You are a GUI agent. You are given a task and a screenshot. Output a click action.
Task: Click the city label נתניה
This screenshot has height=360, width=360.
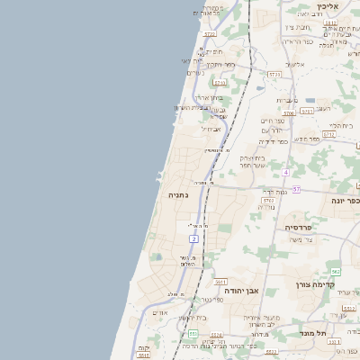tap(178, 193)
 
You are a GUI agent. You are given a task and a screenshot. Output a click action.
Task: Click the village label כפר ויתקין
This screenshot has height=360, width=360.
tap(220, 65)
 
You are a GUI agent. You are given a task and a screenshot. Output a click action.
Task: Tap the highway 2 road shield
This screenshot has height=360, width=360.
tap(193, 238)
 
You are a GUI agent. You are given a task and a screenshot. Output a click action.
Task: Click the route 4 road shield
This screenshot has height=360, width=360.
tap(285, 171)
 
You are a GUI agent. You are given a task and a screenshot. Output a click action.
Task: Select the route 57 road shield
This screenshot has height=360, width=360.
tap(296, 189)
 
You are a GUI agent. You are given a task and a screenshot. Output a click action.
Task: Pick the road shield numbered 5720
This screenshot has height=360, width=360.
tap(210, 34)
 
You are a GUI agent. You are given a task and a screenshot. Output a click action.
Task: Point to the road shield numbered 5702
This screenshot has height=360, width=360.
tap(268, 200)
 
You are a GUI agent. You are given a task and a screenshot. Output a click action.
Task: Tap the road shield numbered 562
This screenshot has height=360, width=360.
tap(335, 271)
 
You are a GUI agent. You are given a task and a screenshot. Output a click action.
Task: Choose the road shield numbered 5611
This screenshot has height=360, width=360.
tap(221, 282)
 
